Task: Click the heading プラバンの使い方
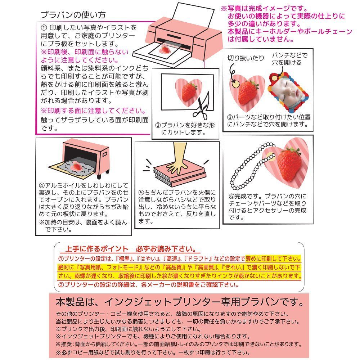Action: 73,15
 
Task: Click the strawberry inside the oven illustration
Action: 77,166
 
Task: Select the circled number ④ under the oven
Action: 42,185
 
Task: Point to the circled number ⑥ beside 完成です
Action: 231,197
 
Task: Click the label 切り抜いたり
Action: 246,58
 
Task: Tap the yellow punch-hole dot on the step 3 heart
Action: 236,84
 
